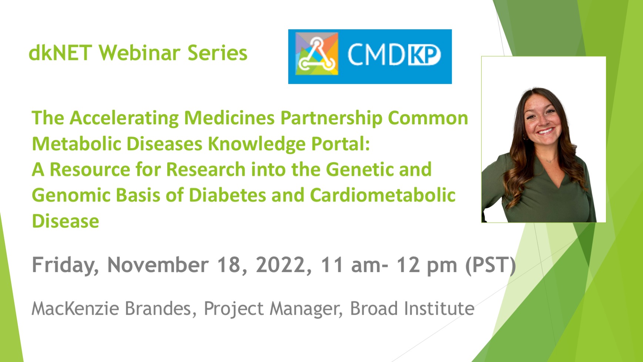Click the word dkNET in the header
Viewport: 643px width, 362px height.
(x=60, y=53)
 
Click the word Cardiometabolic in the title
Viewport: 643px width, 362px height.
(x=383, y=195)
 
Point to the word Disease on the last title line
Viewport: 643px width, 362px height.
(x=65, y=221)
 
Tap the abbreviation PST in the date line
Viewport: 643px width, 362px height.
(x=490, y=265)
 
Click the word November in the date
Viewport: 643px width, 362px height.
(x=158, y=265)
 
